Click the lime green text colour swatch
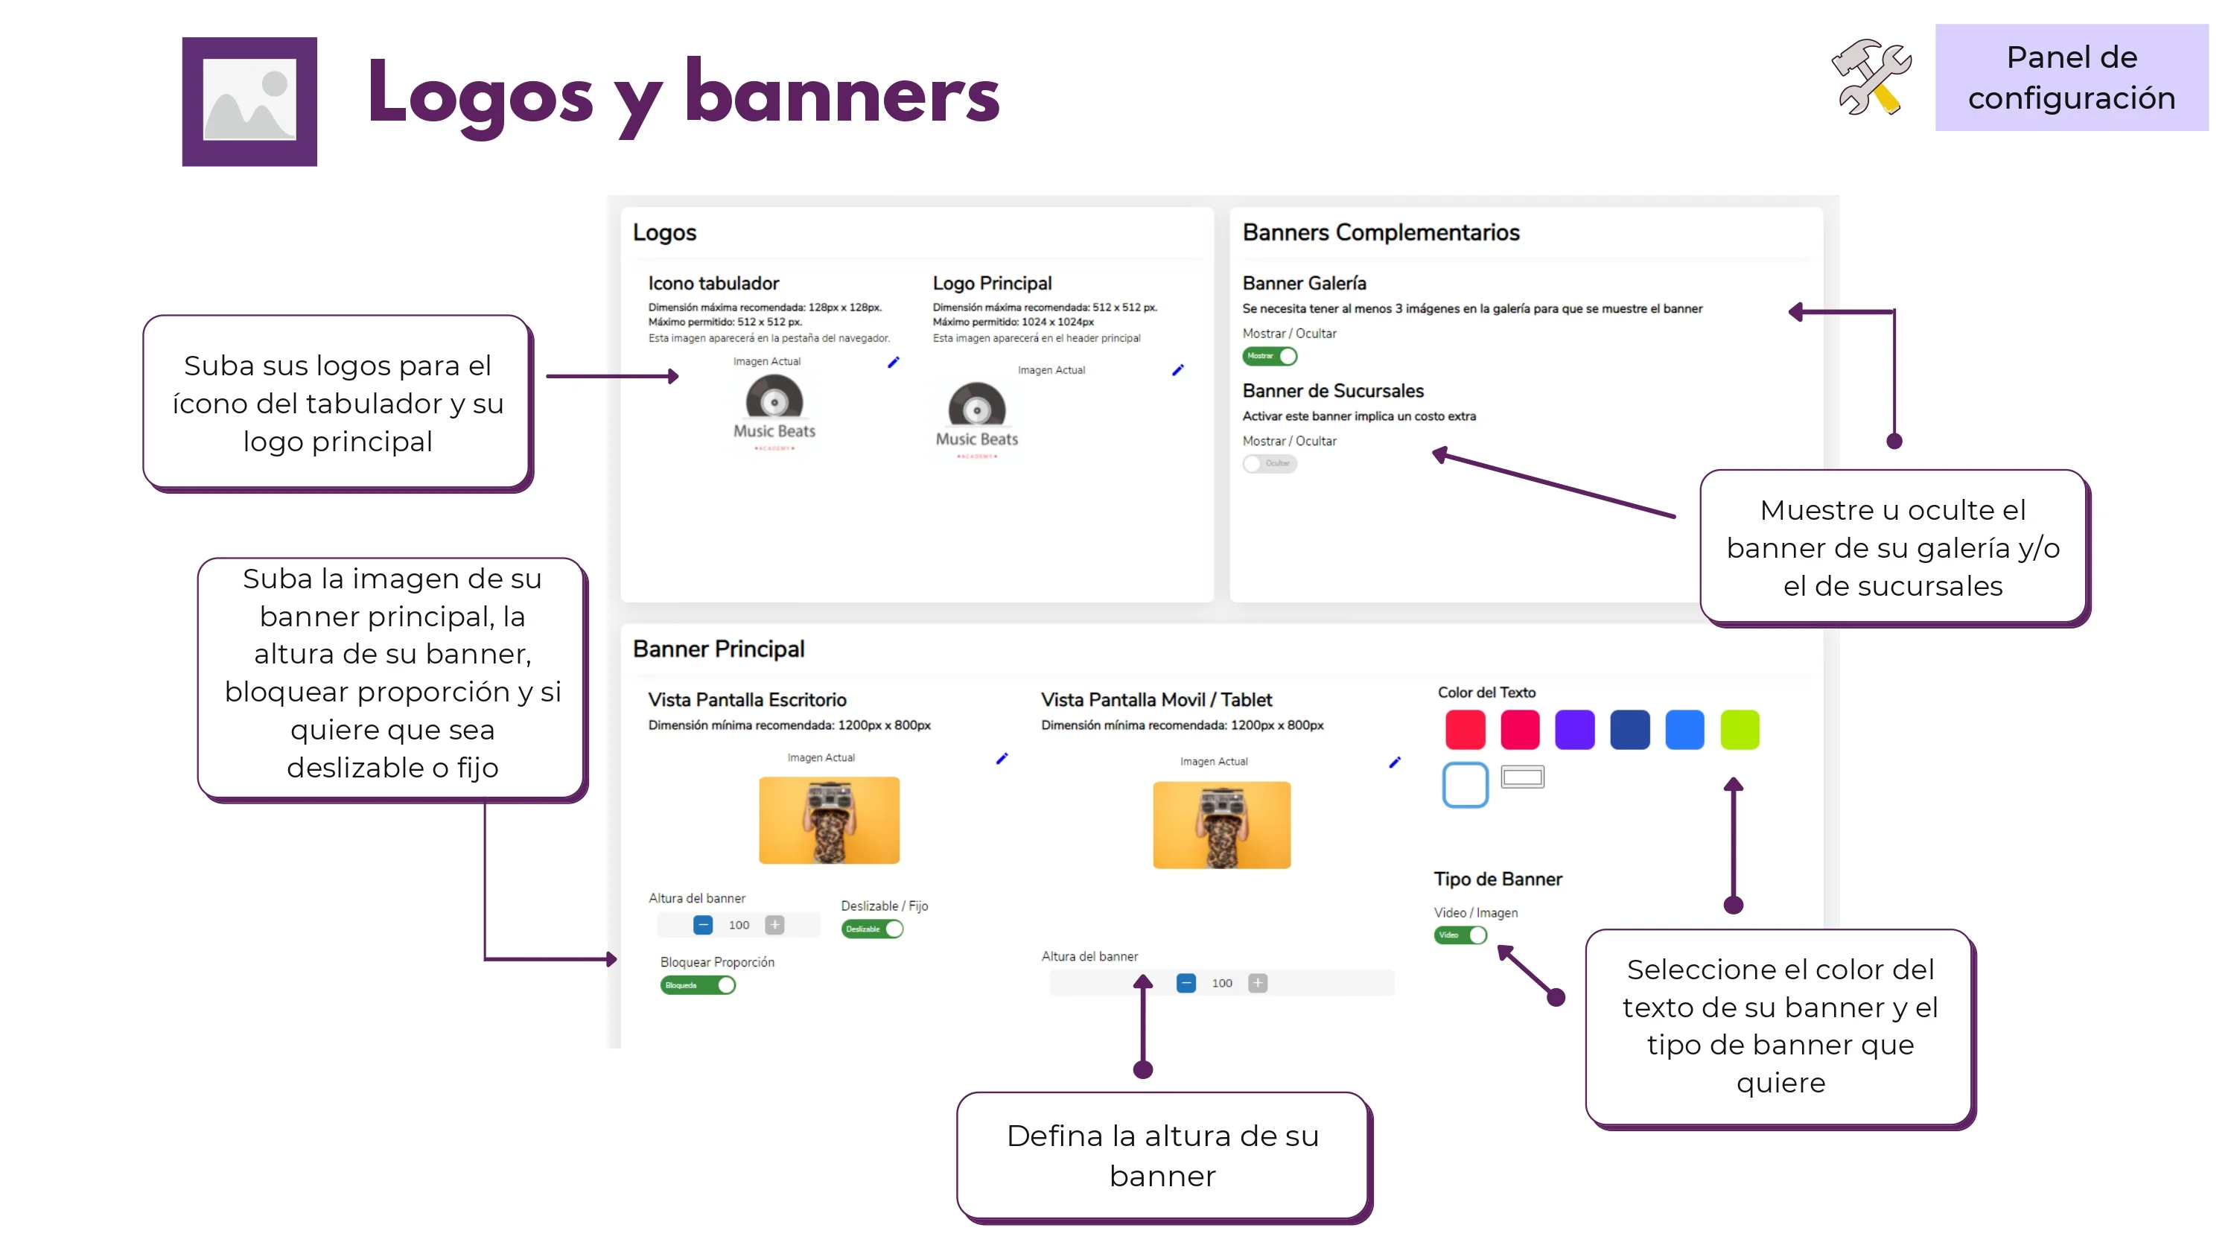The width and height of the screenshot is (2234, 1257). tap(1739, 729)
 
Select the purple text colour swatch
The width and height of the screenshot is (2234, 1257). tap(1574, 729)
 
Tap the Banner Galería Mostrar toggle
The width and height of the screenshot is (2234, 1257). tap(1270, 356)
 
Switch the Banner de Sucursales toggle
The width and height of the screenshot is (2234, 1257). tap(1270, 463)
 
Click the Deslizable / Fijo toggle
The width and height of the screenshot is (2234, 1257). tap(871, 929)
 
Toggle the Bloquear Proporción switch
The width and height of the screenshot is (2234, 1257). tap(697, 984)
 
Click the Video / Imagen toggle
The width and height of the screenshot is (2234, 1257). tap(1460, 935)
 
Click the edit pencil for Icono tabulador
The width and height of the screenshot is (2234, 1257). tap(894, 362)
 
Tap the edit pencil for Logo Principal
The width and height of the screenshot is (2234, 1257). tap(1178, 370)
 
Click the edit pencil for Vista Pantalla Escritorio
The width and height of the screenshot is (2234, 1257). tap(1002, 759)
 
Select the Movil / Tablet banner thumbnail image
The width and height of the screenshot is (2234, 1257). tap(1221, 824)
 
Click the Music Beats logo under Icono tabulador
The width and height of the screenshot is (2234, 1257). tap(774, 412)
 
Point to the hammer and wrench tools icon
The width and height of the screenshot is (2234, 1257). tap(1871, 77)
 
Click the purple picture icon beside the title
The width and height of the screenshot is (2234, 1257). tap(249, 101)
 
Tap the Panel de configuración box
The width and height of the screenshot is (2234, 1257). tap(2071, 77)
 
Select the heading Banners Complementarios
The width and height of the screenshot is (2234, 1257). tap(1381, 232)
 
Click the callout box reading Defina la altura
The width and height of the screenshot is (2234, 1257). tap(1162, 1156)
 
